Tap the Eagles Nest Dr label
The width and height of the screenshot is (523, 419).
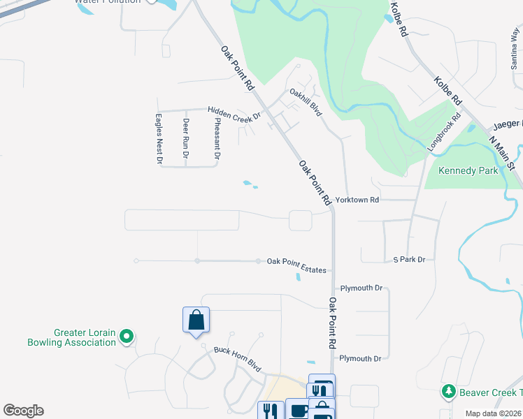tap(159, 139)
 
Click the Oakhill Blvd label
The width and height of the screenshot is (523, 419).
tap(306, 103)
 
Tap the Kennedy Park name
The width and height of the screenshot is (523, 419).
tap(468, 170)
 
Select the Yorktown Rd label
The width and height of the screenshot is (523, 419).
tap(357, 200)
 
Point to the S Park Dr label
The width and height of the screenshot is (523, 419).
tap(409, 260)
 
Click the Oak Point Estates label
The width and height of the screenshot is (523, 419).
tap(296, 261)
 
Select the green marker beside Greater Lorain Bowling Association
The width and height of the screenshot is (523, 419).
tap(127, 337)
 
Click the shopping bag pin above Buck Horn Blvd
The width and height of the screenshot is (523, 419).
tap(196, 321)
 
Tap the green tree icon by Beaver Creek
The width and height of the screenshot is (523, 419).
tap(447, 392)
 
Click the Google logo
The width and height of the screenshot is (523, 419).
tap(23, 411)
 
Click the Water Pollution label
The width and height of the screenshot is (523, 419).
tap(108, 1)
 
